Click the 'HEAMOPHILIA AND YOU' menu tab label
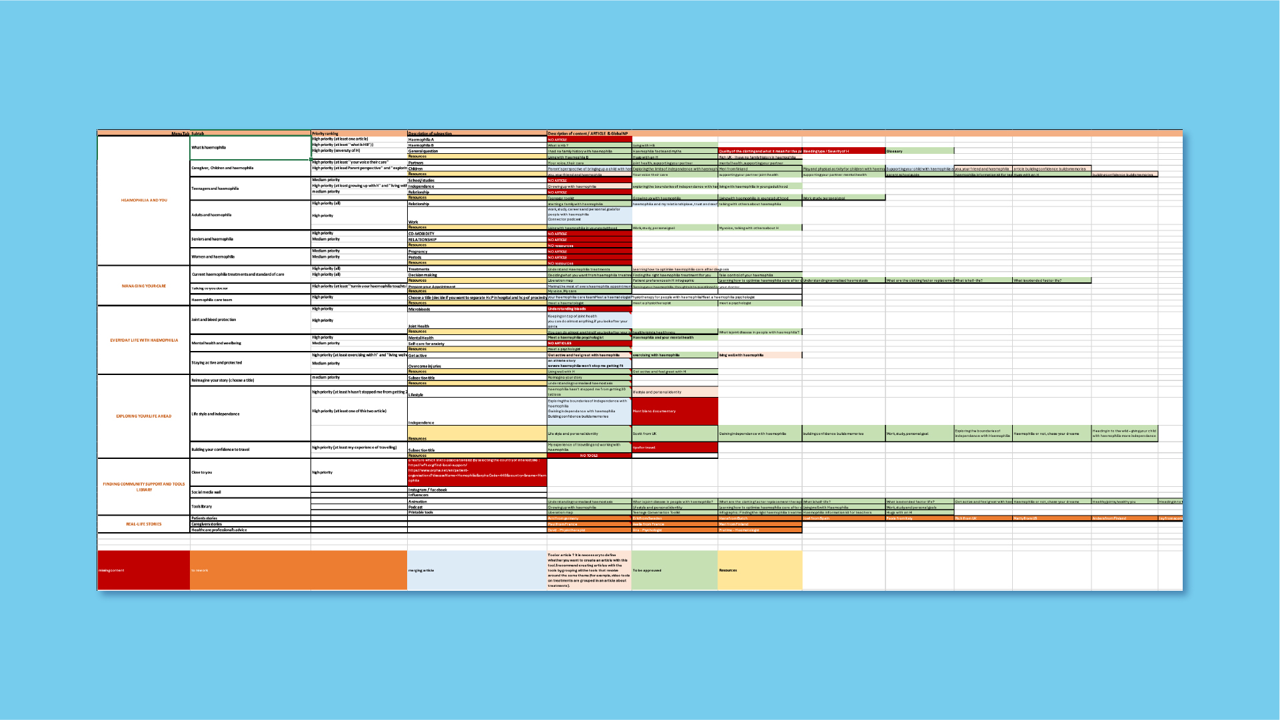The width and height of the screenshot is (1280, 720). (x=144, y=200)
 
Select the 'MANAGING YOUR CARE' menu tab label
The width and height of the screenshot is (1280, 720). (x=144, y=286)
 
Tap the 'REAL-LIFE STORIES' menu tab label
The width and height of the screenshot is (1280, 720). (x=144, y=524)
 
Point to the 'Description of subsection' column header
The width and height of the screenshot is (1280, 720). (x=430, y=133)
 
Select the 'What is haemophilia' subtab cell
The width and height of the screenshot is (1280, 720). (x=209, y=148)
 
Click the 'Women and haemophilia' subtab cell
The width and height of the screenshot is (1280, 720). (x=213, y=256)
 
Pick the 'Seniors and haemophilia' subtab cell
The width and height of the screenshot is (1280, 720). (x=213, y=239)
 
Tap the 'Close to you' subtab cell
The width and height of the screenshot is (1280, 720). (x=202, y=472)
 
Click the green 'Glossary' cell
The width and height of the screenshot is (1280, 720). (x=919, y=151)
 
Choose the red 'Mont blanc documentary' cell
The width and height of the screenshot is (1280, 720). (x=674, y=411)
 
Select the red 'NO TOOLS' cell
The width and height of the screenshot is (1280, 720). (x=589, y=456)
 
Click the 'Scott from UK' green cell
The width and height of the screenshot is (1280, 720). (x=674, y=434)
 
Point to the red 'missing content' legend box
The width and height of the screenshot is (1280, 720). (x=144, y=570)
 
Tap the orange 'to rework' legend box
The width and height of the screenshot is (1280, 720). (x=298, y=570)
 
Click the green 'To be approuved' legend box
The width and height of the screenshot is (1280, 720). (x=674, y=570)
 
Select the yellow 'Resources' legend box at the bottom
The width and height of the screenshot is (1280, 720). (x=760, y=570)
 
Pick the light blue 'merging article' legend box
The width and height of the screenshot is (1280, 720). (x=476, y=570)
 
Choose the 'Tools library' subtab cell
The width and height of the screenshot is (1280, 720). (x=203, y=506)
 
